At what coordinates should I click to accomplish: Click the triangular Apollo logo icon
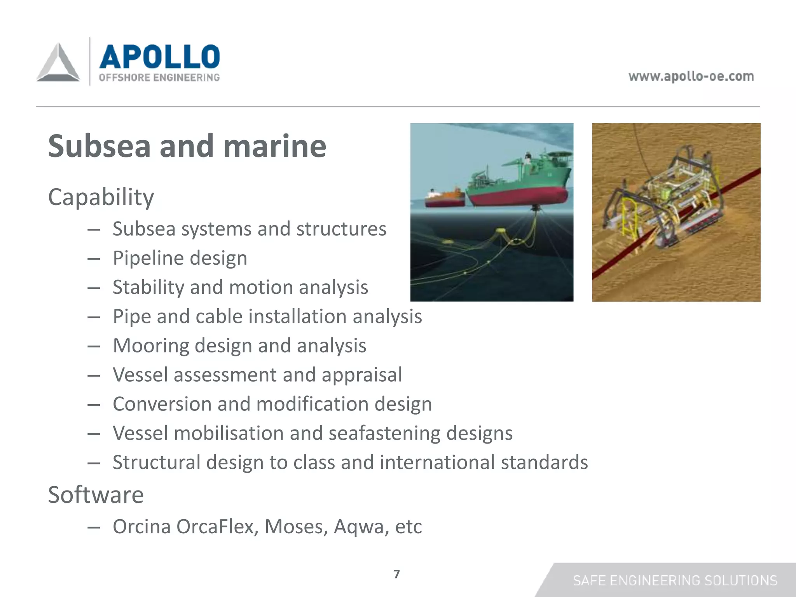[x=58, y=63]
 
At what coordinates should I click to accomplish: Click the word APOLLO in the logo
[x=159, y=57]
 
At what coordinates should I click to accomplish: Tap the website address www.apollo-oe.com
[x=691, y=76]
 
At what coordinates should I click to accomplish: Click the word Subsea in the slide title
[x=99, y=146]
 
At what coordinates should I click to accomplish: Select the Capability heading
[x=101, y=197]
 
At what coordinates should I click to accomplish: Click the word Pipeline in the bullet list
[x=146, y=258]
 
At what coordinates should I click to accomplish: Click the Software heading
[x=96, y=495]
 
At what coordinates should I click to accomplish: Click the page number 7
[x=396, y=574]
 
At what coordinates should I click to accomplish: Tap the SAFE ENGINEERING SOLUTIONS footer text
[x=675, y=581]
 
